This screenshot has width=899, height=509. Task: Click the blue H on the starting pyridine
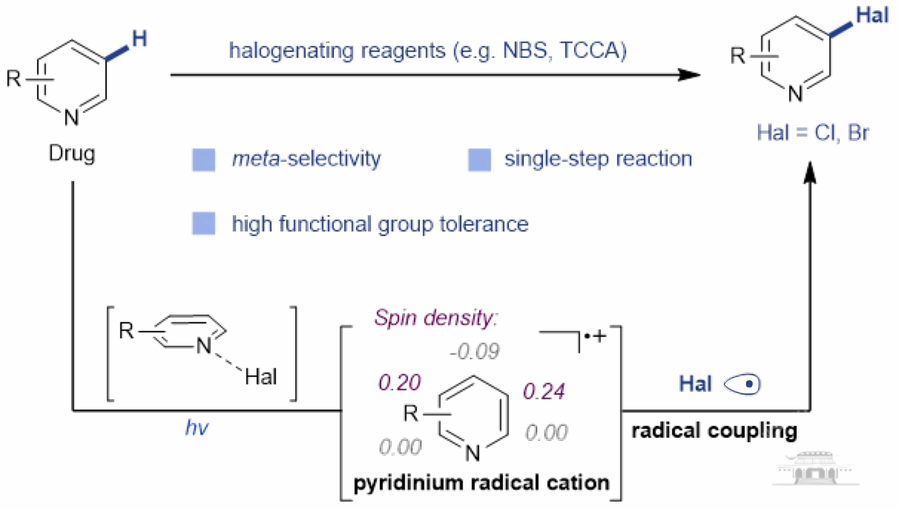pos(139,39)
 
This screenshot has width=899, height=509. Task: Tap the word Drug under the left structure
pos(72,153)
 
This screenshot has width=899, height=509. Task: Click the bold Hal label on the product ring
pos(872,15)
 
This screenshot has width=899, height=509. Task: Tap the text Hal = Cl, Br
pos(812,132)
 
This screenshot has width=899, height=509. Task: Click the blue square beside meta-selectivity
pos(204,160)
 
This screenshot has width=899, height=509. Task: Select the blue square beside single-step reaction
pos(479,160)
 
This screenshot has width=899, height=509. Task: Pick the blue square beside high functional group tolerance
pos(204,224)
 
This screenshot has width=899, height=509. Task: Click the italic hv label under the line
pos(197,428)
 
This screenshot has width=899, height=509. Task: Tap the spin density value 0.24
pos(544,391)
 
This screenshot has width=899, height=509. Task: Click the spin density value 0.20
pos(400,383)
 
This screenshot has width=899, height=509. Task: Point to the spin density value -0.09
pos(475,351)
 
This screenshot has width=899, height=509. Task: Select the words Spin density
pos(436,318)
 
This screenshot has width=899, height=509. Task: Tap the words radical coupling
pos(714,431)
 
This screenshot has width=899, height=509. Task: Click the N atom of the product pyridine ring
pos(795,94)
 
